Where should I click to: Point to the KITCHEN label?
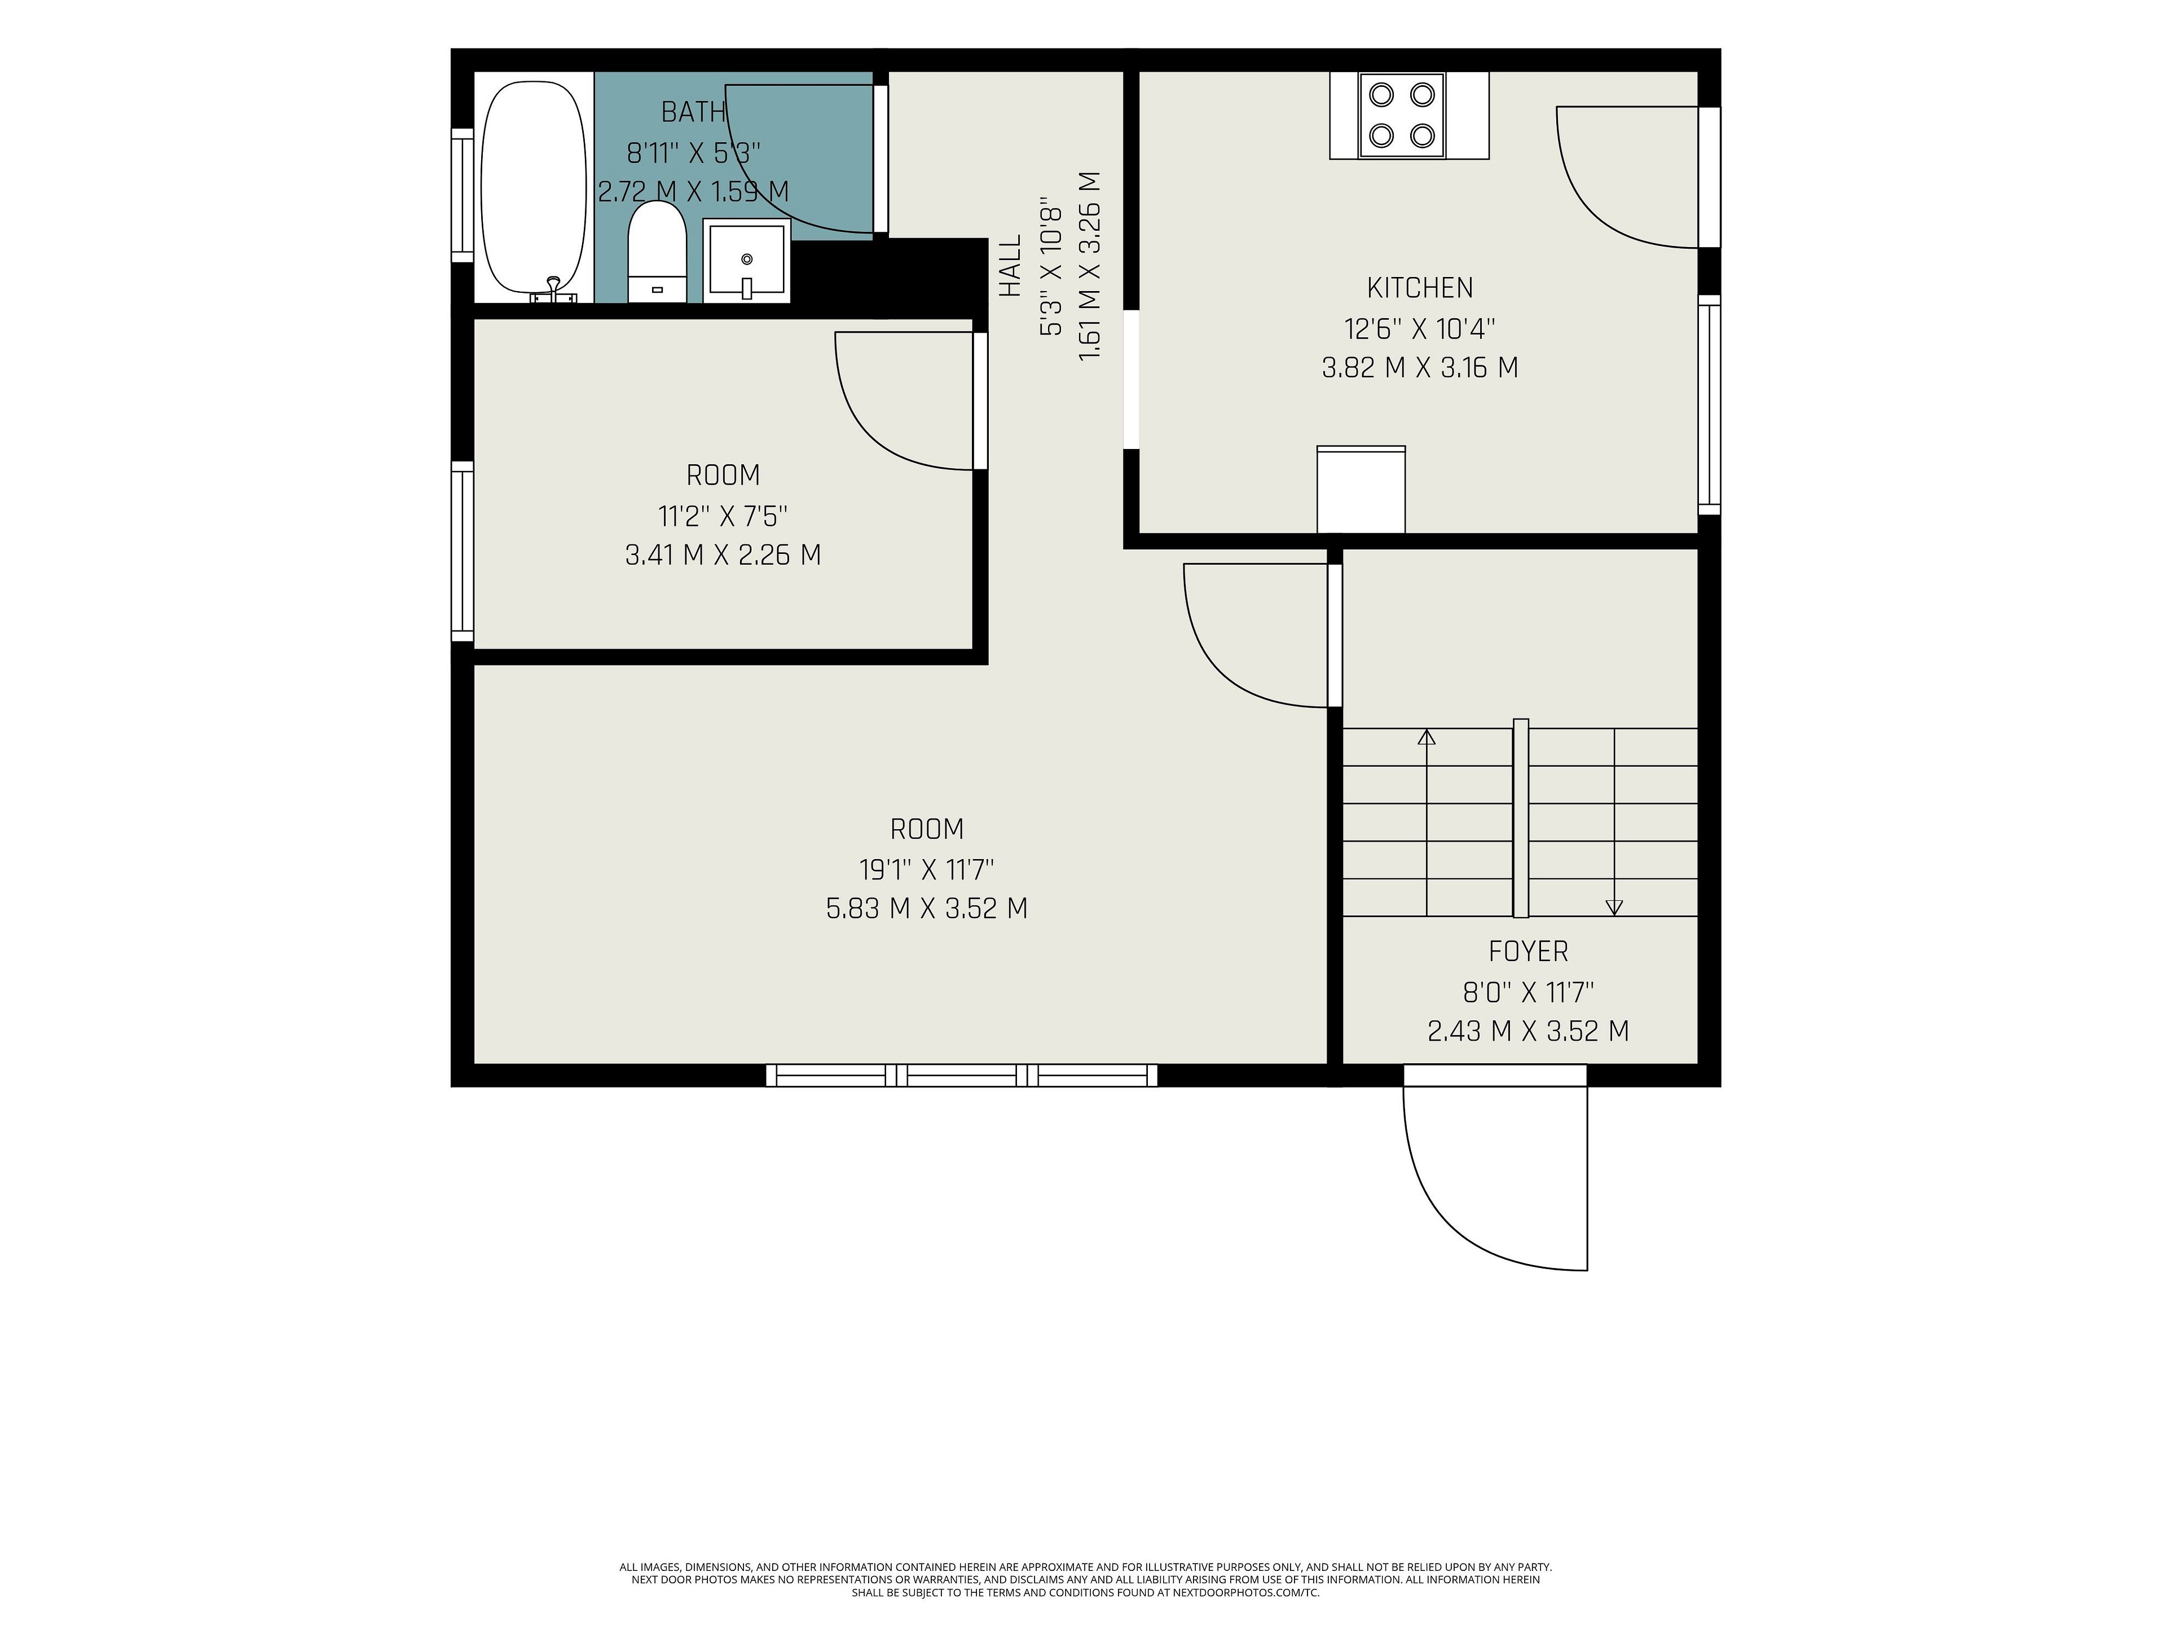click(1420, 288)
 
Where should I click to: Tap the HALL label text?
click(1011, 265)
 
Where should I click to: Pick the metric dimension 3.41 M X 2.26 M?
click(723, 555)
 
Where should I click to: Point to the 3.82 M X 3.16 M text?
click(1420, 368)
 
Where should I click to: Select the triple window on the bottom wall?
click(962, 1075)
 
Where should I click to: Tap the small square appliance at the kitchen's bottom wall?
click(1361, 490)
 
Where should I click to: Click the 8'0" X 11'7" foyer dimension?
click(1529, 992)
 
